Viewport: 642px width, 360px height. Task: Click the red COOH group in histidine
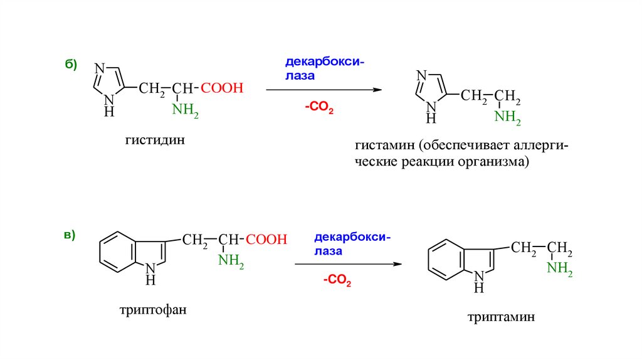tap(222, 88)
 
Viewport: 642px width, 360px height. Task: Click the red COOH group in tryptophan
tap(266, 240)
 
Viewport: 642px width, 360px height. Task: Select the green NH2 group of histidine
tap(186, 112)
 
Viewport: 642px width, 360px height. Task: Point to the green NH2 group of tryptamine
tap(559, 269)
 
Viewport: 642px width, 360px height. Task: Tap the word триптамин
tap(501, 318)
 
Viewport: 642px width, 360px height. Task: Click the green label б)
tap(70, 65)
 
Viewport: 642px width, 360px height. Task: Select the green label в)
tap(70, 235)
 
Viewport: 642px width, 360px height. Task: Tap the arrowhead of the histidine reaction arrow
tap(378, 90)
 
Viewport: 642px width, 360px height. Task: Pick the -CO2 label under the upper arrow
tap(319, 109)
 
